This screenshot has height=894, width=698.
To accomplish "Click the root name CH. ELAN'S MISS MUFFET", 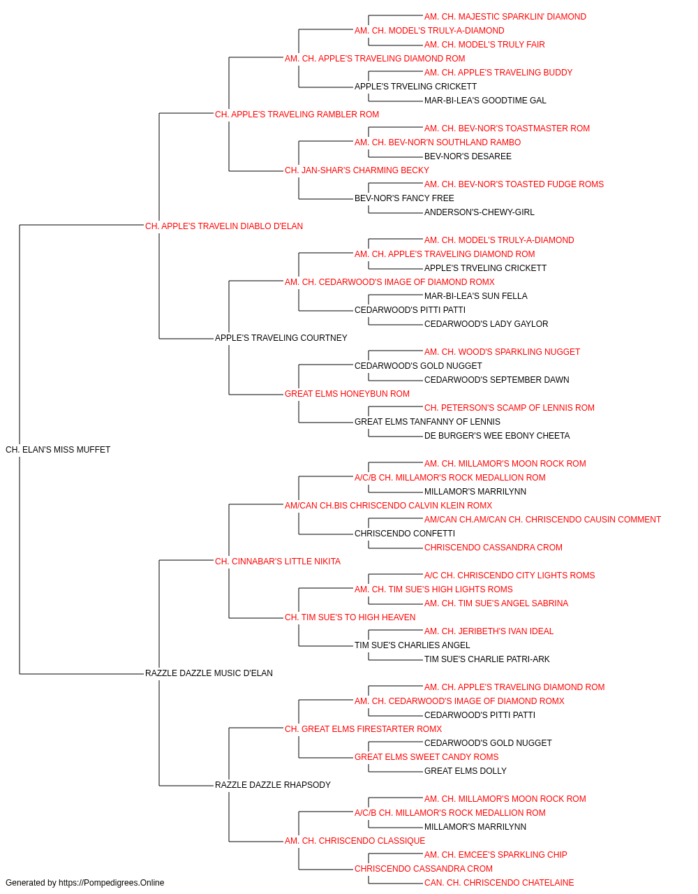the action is (x=58, y=450).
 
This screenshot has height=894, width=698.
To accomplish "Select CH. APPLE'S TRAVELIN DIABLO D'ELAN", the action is (x=224, y=226).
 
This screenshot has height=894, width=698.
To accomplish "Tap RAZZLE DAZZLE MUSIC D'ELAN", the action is (x=209, y=673).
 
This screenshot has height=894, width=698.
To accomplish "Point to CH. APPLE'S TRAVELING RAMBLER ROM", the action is (x=297, y=115).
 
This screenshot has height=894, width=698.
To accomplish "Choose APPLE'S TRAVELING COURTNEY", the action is (x=281, y=338).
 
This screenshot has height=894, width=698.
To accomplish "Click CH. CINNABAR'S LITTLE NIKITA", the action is (x=278, y=562).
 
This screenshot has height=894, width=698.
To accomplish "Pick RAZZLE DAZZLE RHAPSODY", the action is (x=273, y=785).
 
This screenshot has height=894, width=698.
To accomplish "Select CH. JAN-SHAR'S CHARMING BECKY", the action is (x=357, y=170).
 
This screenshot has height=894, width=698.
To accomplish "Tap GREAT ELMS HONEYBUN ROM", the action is (x=348, y=394).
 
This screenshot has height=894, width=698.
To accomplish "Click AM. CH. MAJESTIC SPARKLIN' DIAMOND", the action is (x=505, y=17).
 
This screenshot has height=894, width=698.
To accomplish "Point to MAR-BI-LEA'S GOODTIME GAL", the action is (x=485, y=101).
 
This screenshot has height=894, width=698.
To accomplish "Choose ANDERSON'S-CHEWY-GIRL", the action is (x=480, y=212).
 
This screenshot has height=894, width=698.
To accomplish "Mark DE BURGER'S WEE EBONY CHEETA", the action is (x=497, y=436).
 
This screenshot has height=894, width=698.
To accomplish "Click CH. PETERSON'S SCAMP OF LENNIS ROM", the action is (x=510, y=408).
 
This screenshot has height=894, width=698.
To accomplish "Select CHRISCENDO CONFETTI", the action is (x=405, y=534).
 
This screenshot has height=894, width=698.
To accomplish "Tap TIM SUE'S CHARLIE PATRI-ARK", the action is (x=487, y=659).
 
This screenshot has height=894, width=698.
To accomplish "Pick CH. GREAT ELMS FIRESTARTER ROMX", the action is (x=364, y=729).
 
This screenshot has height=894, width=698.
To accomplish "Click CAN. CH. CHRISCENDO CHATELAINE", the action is (x=499, y=883).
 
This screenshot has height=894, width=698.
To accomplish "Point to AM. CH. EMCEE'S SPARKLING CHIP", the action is (x=496, y=855).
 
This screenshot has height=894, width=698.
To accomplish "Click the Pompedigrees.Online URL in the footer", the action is (x=111, y=883).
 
